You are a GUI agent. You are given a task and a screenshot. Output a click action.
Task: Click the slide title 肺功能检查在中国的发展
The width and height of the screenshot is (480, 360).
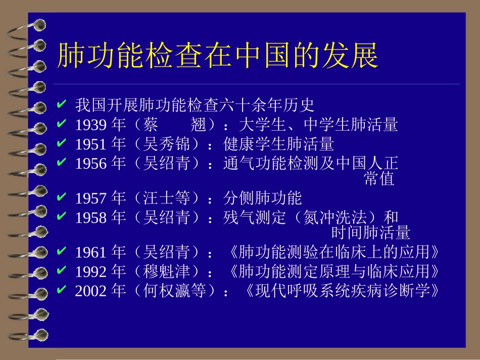coord(217,56)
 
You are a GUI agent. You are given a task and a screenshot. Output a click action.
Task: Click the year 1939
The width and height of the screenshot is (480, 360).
coord(91,125)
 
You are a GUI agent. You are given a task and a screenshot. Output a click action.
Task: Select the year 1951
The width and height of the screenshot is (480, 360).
coord(91,144)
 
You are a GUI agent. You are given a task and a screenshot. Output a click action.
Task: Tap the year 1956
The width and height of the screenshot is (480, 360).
coord(91,164)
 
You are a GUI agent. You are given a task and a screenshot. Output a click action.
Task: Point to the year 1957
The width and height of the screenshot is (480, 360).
coord(91,198)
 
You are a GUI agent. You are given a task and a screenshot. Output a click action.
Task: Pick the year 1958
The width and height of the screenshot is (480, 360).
coord(91,218)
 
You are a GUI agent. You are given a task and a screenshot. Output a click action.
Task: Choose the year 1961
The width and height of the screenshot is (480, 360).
coord(91,252)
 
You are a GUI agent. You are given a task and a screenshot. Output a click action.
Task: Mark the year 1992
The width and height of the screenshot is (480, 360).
coord(91,272)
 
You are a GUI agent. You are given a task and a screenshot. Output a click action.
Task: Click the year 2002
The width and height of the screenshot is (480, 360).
coord(91,291)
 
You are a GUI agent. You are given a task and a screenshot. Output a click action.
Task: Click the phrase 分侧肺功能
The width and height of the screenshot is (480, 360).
coord(262,198)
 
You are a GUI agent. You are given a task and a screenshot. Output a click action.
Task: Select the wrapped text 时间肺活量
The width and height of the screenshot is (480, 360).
coord(371,233)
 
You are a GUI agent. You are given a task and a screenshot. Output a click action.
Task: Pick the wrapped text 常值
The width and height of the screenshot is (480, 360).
coord(379,179)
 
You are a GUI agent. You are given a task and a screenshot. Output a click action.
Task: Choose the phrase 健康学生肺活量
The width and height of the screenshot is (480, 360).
coord(278,144)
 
